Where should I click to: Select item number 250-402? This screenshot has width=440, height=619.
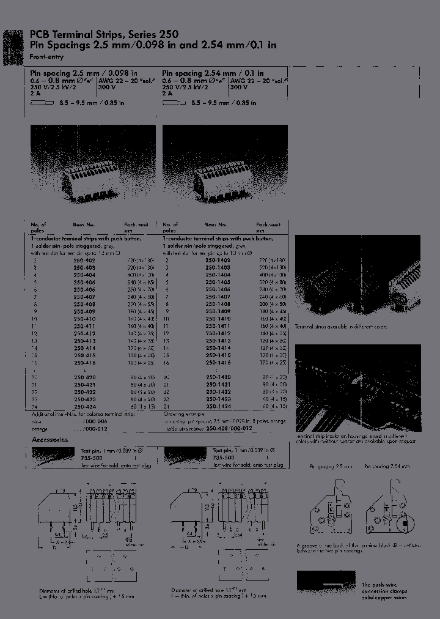pos(84,260)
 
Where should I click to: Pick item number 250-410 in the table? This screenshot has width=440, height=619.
pos(84,319)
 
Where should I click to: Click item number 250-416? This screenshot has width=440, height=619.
pos(84,363)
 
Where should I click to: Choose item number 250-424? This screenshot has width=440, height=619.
pos(84,406)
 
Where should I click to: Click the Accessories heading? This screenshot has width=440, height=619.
pos(50,439)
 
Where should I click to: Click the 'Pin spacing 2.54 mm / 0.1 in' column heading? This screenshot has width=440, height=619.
pos(213,73)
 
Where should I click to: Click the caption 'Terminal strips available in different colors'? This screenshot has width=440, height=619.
pos(350,327)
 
